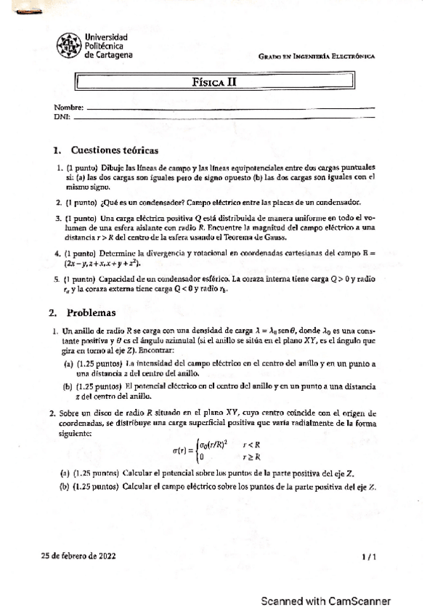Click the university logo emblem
click(x=69, y=46)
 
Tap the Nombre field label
click(x=63, y=108)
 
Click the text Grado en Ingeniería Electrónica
click(x=316, y=57)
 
